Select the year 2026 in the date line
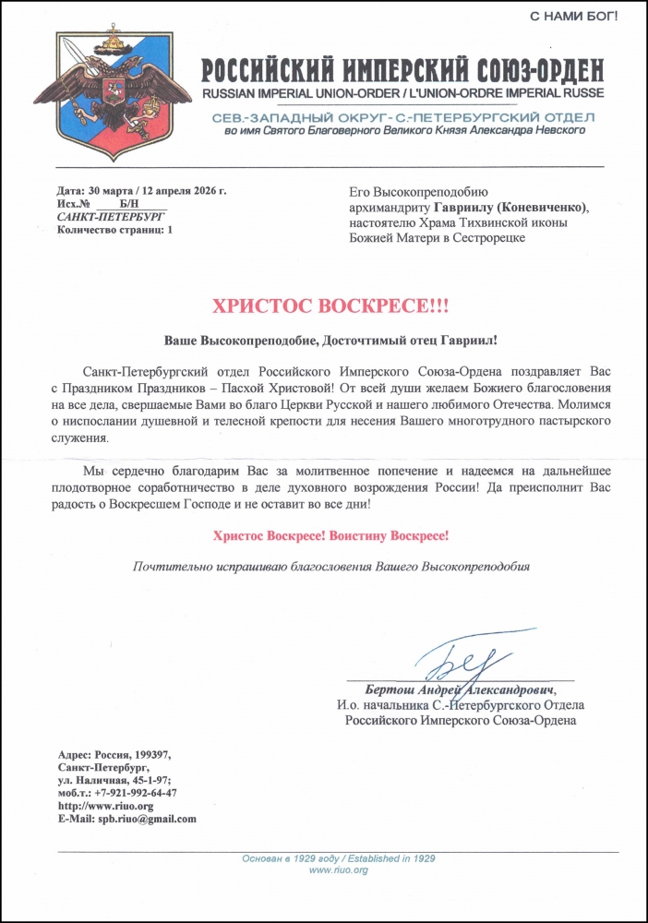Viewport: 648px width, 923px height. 201,191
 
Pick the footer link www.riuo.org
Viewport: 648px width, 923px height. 339,869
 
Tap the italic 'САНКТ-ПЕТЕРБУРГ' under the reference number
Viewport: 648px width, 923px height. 106,216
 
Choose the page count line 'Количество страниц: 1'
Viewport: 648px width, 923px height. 114,229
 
